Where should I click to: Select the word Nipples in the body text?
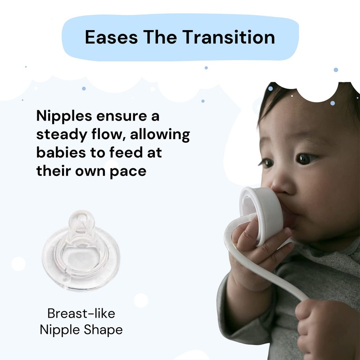(x=62, y=117)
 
